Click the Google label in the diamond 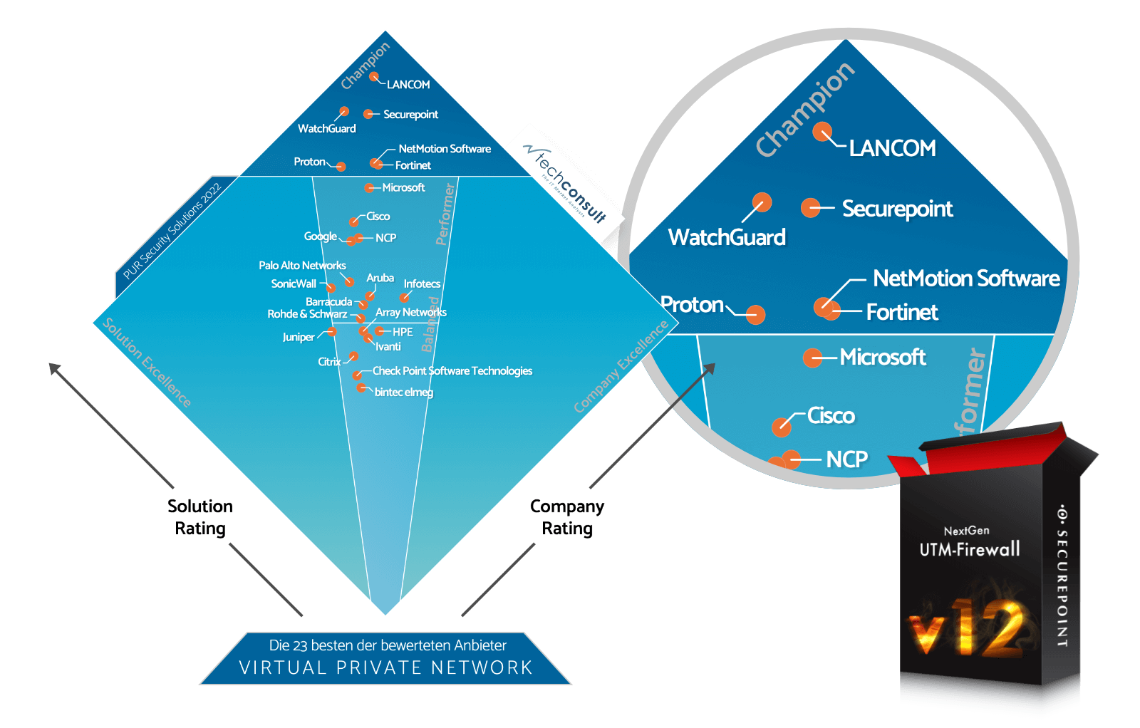click(x=320, y=236)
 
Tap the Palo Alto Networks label click(x=302, y=265)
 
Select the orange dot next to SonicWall click(x=331, y=288)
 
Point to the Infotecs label click(x=422, y=284)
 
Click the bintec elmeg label click(x=403, y=392)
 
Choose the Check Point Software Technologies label click(x=452, y=370)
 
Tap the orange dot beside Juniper click(x=332, y=331)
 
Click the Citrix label click(x=328, y=362)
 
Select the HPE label click(x=403, y=332)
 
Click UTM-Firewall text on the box click(x=969, y=549)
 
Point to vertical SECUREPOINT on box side click(x=1062, y=577)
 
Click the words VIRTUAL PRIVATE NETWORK click(x=385, y=667)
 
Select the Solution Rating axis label click(x=200, y=517)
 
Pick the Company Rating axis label click(x=567, y=517)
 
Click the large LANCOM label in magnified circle click(x=892, y=148)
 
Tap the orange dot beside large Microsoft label click(x=812, y=358)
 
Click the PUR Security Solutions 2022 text click(x=172, y=231)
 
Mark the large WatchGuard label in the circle click(x=727, y=237)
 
